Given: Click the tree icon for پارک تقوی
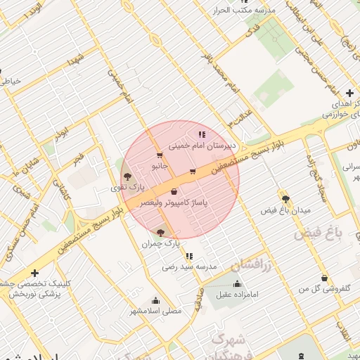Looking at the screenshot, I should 127,177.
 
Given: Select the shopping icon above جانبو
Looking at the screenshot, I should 160,155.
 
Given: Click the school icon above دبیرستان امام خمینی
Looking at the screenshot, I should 202,134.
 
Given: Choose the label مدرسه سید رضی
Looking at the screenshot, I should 190,266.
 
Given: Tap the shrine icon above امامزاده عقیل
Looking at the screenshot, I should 236,283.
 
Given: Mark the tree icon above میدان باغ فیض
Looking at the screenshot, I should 285,199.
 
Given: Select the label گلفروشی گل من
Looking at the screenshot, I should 321,289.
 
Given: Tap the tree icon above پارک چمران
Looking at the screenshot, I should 161,232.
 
